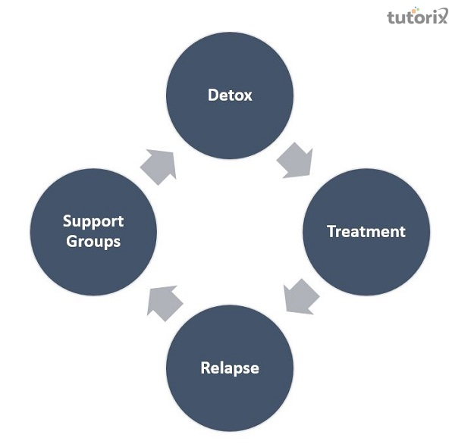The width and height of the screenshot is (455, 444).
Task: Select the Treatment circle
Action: pos(366,232)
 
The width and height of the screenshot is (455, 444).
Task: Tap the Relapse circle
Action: pos(230,368)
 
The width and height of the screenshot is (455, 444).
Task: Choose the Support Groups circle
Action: pos(93,232)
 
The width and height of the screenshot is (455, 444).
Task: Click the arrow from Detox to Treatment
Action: pos(294,160)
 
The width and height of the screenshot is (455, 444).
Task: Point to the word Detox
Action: pos(230,96)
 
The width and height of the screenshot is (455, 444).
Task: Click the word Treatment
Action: pos(366,232)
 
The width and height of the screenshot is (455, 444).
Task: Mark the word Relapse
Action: pos(230,369)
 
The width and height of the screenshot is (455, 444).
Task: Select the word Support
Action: pos(93,222)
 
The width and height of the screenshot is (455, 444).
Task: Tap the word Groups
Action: pos(93,242)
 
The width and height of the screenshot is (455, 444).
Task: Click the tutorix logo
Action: pos(417,17)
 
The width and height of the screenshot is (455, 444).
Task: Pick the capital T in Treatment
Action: pos(331,232)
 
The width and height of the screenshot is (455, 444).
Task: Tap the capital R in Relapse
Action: pos(206,369)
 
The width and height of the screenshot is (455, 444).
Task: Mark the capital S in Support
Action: pos(67,222)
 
